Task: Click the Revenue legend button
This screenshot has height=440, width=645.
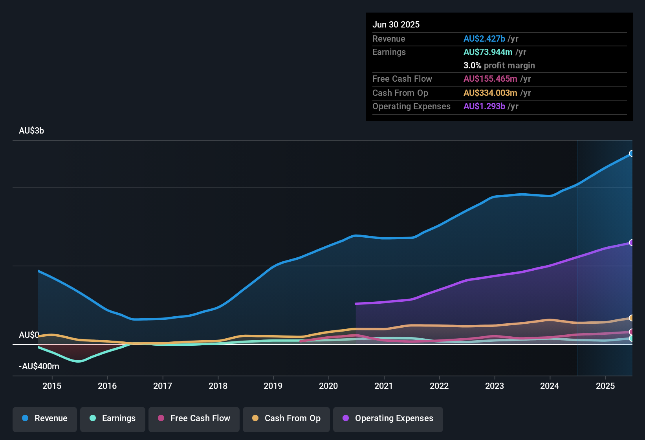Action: tap(45, 418)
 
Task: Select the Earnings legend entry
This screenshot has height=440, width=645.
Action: tap(113, 418)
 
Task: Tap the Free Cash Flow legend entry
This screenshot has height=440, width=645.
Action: tap(194, 418)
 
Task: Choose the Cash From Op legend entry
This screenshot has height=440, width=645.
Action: tap(286, 418)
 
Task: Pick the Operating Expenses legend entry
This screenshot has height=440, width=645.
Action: tap(388, 418)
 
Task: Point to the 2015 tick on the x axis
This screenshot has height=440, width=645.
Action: tap(52, 386)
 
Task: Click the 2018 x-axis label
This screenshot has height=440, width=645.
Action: tap(218, 386)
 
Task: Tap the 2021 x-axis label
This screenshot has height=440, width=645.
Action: tap(384, 386)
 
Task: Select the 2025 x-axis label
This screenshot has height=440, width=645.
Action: tap(605, 386)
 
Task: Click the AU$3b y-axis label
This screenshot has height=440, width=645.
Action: tap(31, 131)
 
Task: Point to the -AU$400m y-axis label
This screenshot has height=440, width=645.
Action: tap(39, 367)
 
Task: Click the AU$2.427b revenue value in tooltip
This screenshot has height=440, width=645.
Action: tap(484, 39)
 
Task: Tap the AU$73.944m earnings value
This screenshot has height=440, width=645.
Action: tap(488, 52)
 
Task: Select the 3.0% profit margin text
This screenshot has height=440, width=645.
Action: tap(499, 66)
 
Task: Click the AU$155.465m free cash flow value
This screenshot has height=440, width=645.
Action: tap(490, 79)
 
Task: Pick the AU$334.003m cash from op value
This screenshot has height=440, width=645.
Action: tap(490, 93)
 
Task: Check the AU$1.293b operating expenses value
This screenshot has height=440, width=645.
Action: tap(484, 106)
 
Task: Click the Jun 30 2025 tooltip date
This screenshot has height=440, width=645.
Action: tap(396, 25)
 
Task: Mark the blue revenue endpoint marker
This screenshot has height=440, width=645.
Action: tap(631, 154)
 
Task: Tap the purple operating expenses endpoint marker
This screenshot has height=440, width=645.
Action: tap(631, 243)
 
